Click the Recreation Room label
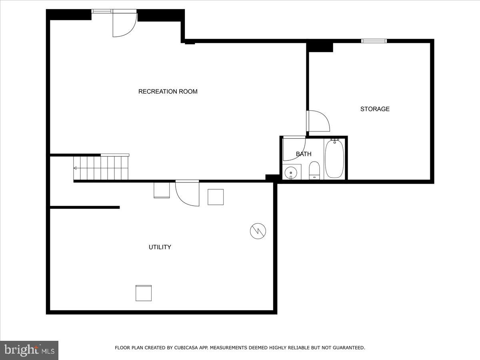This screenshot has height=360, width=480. tap(168, 92)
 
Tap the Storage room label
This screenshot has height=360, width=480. tap(375, 109)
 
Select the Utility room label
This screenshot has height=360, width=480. tap(160, 247)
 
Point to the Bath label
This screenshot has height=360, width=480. tap(304, 154)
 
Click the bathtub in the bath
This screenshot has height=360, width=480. tap(334, 159)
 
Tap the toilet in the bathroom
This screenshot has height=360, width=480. tap(314, 171)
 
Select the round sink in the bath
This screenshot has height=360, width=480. tap(291, 173)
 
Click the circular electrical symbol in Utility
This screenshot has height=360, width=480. tap(258, 231)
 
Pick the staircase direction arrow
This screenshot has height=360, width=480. tap(75, 168)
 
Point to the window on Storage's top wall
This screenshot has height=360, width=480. tap(374, 41)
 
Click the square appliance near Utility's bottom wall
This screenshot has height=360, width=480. tap(144, 293)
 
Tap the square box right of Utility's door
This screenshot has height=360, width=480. tap(216, 197)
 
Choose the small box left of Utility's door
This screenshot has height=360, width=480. tap(162, 190)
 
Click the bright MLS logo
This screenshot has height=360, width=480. tap(29, 350)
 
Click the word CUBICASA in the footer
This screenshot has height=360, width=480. tap(185, 348)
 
